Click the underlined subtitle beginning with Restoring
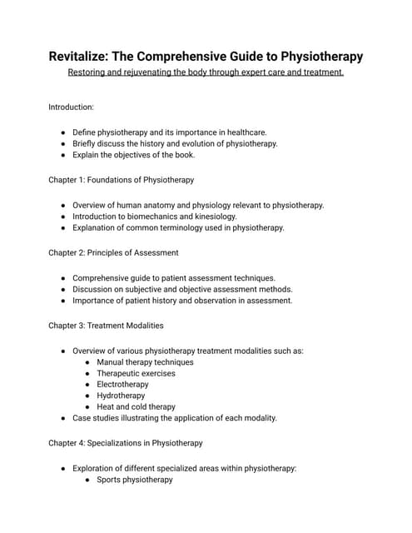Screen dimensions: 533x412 pyautogui.click(x=206, y=72)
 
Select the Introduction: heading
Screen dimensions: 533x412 pyautogui.click(x=71, y=107)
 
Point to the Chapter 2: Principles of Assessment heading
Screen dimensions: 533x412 pyautogui.click(x=113, y=252)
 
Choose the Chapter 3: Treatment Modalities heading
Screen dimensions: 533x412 pyautogui.click(x=106, y=325)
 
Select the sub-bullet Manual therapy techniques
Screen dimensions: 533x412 pyautogui.click(x=145, y=362)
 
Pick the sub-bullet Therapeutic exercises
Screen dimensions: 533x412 pyautogui.click(x=136, y=373)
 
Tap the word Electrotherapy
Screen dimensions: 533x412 pyautogui.click(x=122, y=385)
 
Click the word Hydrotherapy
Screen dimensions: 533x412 pyautogui.click(x=122, y=396)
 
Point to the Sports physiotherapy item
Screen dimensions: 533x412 pyautogui.click(x=134, y=480)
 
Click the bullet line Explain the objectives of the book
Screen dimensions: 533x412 pyautogui.click(x=142, y=155)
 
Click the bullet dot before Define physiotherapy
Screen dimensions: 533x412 pyautogui.click(x=64, y=132)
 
